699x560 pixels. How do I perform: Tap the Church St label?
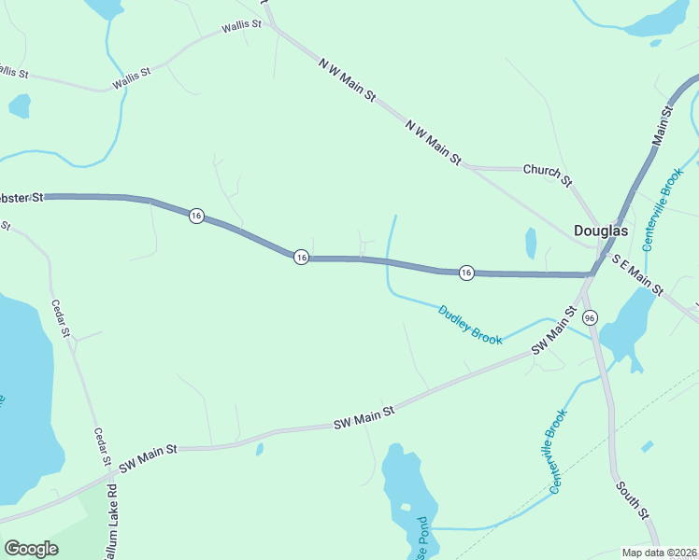click(x=547, y=172)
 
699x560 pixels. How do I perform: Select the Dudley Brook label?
click(x=470, y=324)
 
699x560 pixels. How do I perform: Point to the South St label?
click(x=631, y=499)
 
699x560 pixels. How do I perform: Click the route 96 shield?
click(x=589, y=318)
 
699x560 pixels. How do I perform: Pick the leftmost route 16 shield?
click(x=195, y=216)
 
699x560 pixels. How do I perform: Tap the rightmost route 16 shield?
click(x=466, y=272)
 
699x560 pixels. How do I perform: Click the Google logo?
click(x=31, y=548)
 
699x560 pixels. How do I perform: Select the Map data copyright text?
click(x=659, y=553)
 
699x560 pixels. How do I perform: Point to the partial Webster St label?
click(x=21, y=197)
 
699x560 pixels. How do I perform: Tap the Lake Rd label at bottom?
click(x=110, y=523)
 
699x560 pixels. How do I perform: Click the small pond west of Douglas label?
click(x=531, y=243)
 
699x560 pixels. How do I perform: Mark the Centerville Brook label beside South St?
click(x=557, y=452)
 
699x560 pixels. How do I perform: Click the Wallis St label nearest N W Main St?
click(x=240, y=26)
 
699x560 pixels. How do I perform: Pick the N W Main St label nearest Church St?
click(x=434, y=143)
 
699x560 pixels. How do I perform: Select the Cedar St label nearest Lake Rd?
click(x=102, y=447)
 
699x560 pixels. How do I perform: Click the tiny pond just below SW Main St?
click(x=259, y=450)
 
